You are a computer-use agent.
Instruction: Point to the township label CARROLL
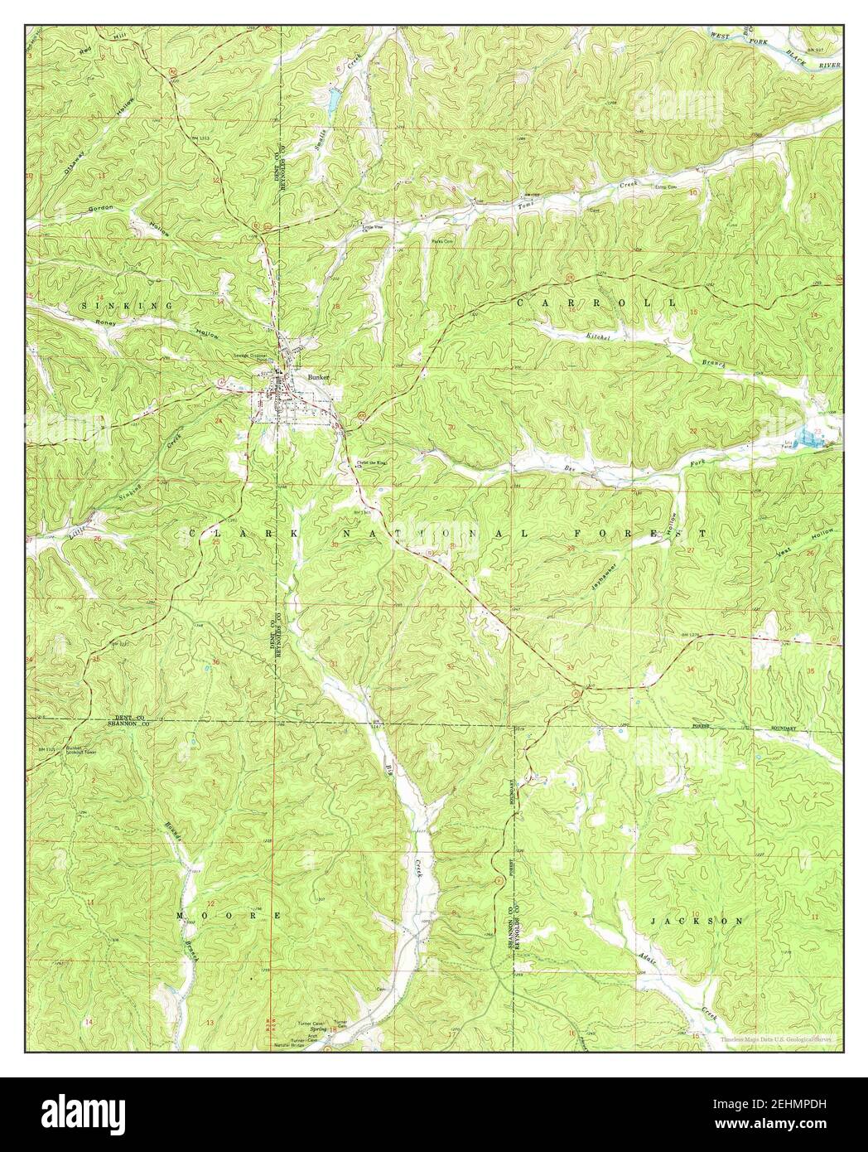click(596, 304)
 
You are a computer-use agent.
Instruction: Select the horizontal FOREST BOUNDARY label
click(745, 727)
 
